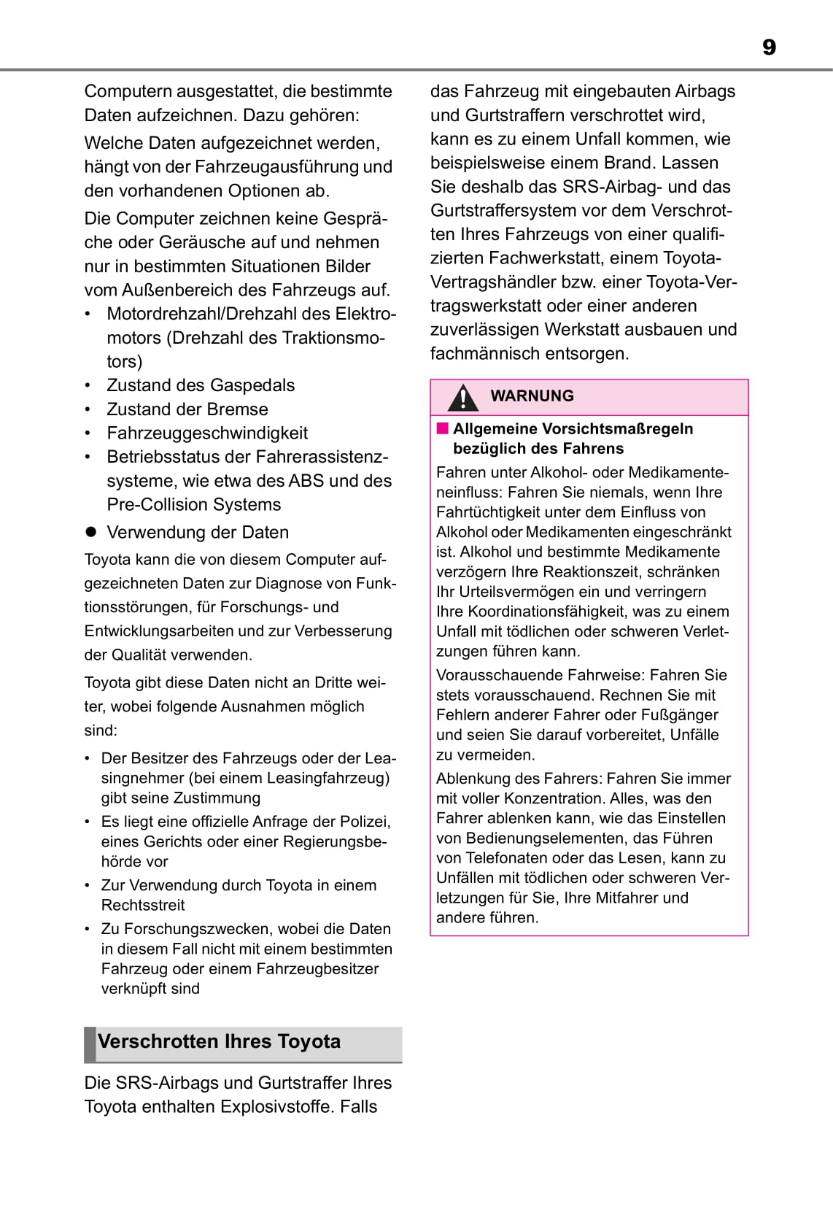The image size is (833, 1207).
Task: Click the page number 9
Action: click(769, 47)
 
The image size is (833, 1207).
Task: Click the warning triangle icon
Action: click(462, 398)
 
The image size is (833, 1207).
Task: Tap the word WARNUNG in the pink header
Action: click(532, 396)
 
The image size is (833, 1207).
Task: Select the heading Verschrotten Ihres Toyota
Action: click(219, 1041)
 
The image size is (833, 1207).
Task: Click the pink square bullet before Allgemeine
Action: click(442, 429)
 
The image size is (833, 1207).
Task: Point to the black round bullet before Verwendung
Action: click(91, 532)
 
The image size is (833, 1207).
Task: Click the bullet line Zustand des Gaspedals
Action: click(201, 385)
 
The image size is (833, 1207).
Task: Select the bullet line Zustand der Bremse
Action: click(187, 409)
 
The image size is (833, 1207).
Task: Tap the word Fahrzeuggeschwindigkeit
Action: click(207, 433)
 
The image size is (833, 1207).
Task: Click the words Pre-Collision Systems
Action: click(193, 505)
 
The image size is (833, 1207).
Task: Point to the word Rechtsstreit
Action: click(143, 906)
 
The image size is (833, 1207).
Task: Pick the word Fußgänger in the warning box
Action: click(681, 715)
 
